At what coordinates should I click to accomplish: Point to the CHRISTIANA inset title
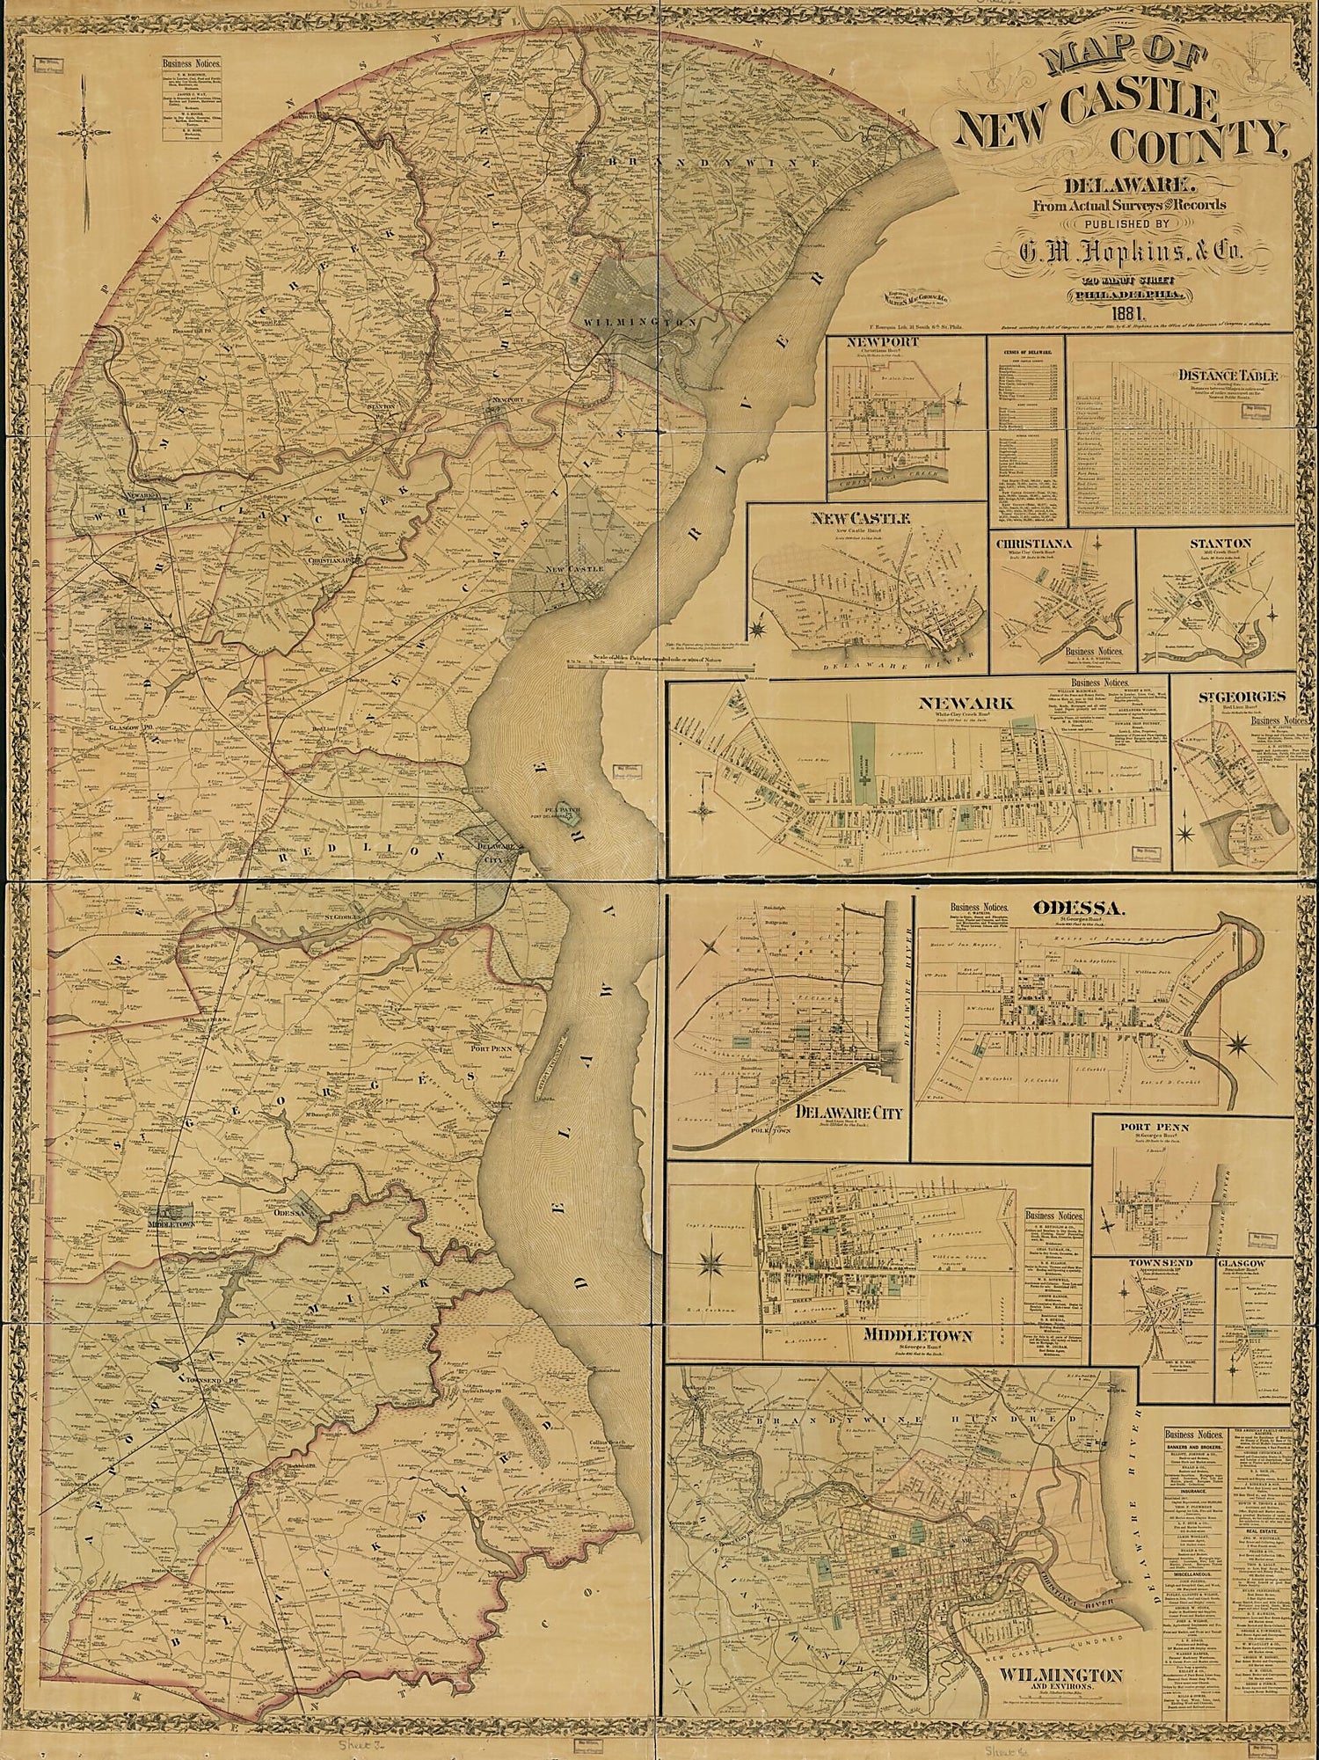pos(1033,544)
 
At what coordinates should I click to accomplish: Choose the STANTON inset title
pos(1220,544)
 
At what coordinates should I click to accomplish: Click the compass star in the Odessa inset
pos(1239,1044)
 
